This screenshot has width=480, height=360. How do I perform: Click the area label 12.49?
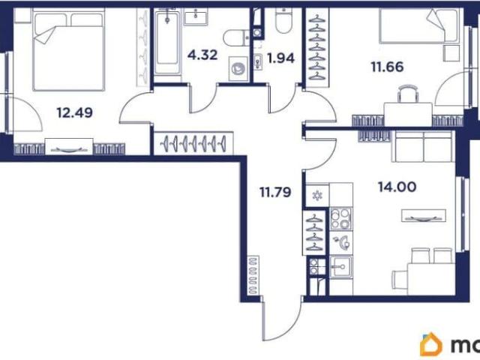click(x=74, y=112)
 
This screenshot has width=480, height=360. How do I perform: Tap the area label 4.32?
click(x=202, y=55)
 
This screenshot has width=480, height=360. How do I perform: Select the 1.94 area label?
click(x=280, y=58)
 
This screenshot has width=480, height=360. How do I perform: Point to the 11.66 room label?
click(x=387, y=67)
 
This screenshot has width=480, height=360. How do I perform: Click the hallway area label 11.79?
click(x=275, y=192)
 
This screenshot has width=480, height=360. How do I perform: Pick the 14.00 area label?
click(x=397, y=187)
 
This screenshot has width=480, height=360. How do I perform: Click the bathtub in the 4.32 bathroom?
click(x=167, y=43)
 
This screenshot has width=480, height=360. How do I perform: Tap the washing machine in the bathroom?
click(x=238, y=68)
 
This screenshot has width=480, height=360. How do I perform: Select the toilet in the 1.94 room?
click(x=283, y=20)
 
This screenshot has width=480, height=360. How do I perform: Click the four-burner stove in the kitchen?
click(x=341, y=219)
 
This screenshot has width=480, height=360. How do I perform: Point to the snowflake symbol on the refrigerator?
click(x=317, y=195)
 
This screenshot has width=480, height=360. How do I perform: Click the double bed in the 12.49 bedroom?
click(x=69, y=49)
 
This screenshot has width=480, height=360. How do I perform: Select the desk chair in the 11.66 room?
click(x=408, y=94)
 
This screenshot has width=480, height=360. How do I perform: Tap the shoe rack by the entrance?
click(x=253, y=275)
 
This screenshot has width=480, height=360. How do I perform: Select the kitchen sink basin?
click(x=341, y=267)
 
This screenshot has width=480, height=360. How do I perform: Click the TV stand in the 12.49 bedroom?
click(x=69, y=147)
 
